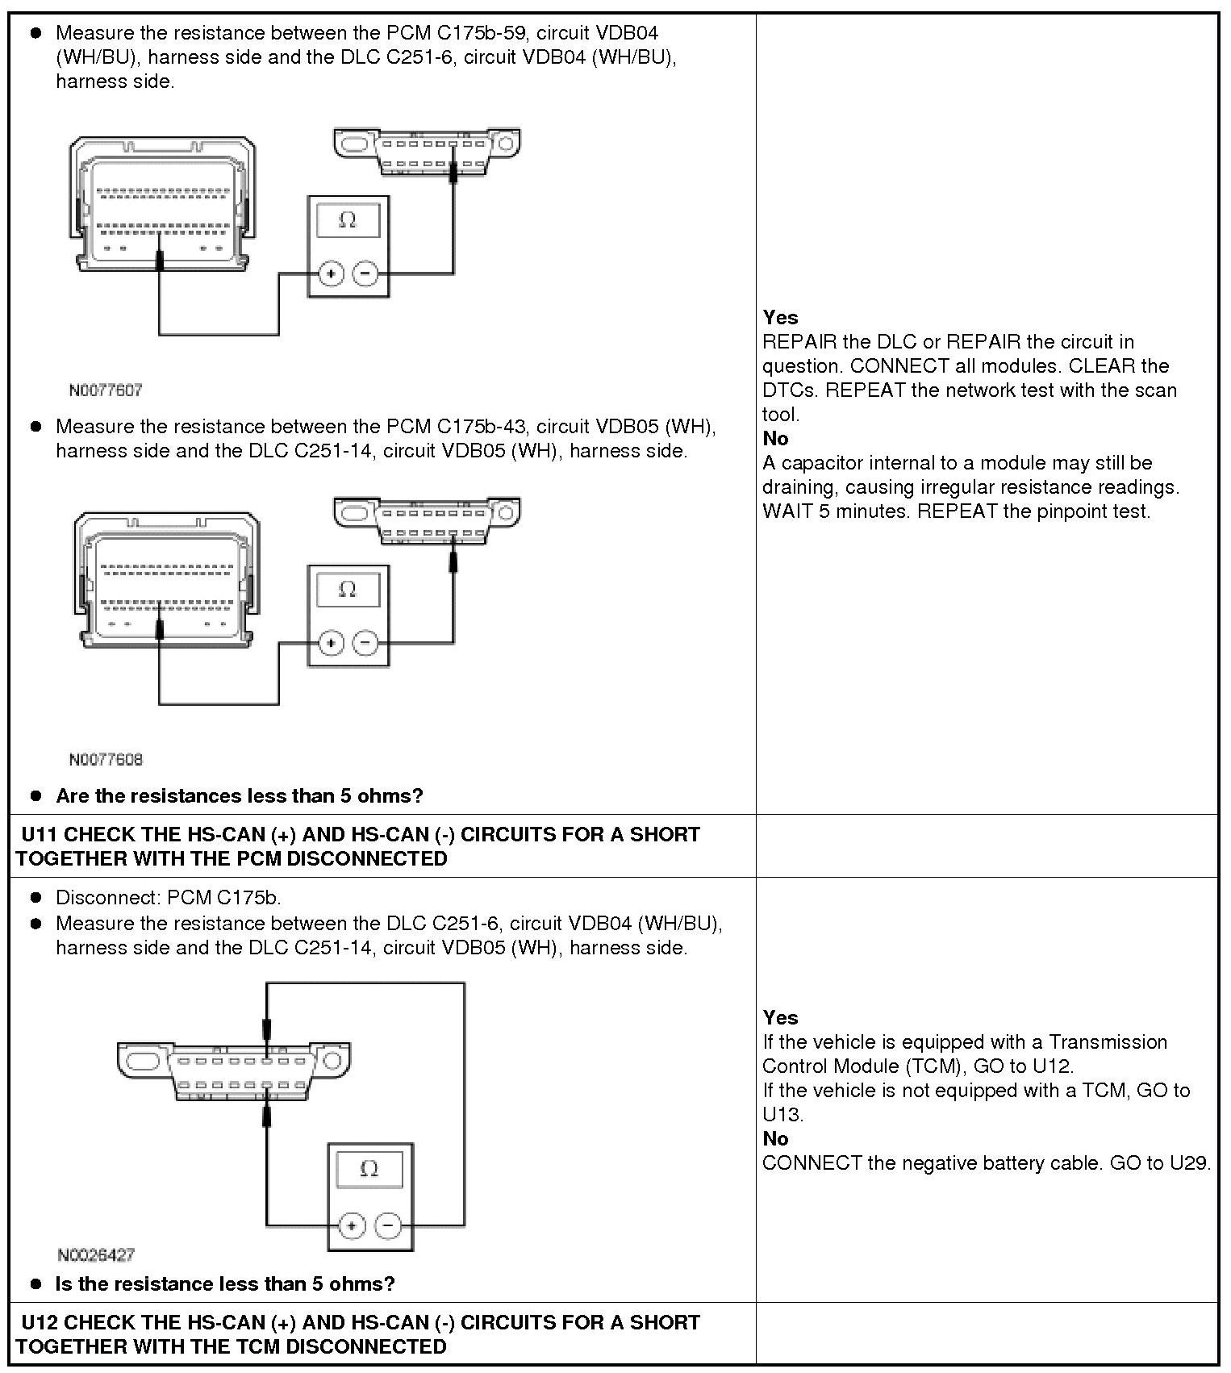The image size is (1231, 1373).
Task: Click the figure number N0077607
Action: coord(106,390)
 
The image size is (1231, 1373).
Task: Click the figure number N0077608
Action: coord(106,760)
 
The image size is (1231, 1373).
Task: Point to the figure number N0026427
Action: coord(96,1255)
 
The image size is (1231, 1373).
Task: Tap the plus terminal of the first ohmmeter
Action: coord(331,274)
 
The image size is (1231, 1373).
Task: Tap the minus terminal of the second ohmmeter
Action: coord(365,643)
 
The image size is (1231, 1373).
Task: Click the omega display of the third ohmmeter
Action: coord(369,1168)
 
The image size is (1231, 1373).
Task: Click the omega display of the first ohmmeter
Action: coord(348,219)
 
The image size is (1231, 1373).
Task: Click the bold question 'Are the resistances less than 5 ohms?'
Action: coord(239,796)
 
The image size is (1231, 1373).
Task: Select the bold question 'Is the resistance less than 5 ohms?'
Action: coord(225,1284)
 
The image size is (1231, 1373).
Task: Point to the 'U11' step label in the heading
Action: coord(39,835)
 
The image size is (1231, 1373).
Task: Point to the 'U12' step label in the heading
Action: coord(39,1323)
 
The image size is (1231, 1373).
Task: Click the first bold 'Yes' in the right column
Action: coord(780,318)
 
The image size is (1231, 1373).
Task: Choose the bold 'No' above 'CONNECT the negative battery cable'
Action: coord(775,1139)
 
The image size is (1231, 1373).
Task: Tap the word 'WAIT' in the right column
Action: coord(787,511)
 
